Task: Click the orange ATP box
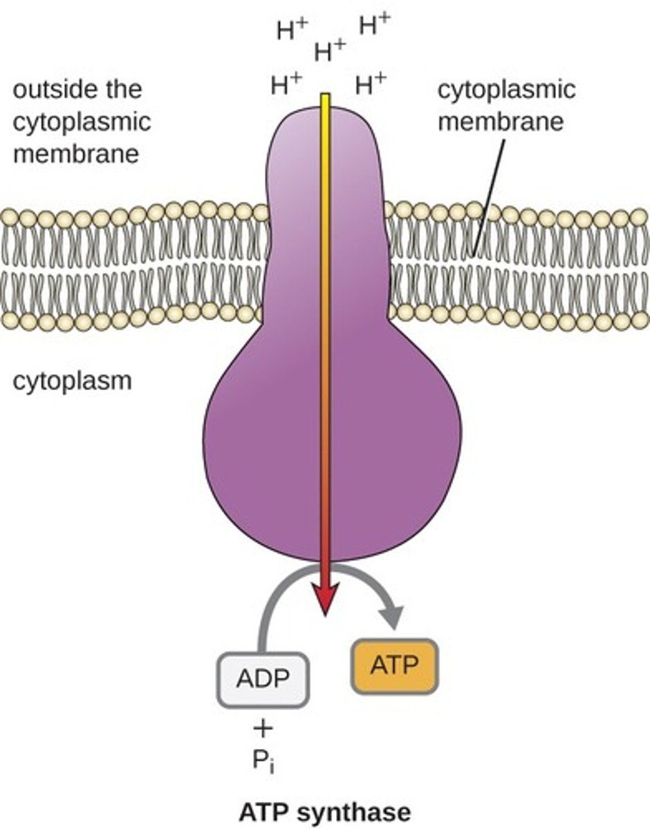tap(395, 667)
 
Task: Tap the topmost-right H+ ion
tap(374, 26)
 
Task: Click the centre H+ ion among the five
tap(329, 50)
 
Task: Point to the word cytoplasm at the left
tap(72, 381)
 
